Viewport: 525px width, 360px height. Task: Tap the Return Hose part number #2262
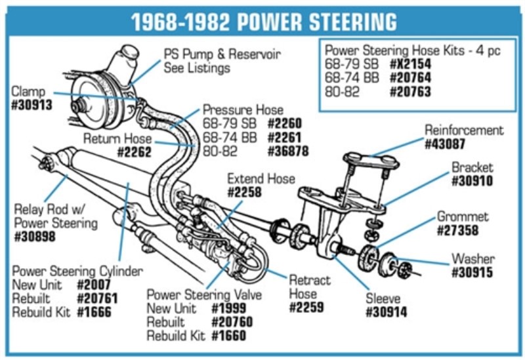[134, 152]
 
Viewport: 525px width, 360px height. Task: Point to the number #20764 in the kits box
[411, 78]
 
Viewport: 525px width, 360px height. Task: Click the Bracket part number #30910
[472, 181]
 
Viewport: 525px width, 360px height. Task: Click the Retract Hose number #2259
[306, 307]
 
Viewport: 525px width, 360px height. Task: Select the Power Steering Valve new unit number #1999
[229, 308]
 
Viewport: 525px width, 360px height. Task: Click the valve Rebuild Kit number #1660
[229, 336]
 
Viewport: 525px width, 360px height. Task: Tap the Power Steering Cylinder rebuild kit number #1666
[94, 311]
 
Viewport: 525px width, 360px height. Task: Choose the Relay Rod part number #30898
[34, 237]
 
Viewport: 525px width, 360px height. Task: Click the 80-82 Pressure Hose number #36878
[288, 151]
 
